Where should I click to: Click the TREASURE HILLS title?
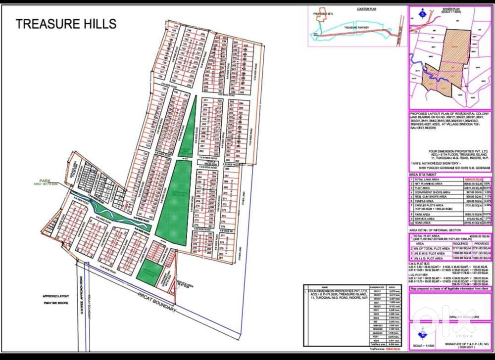pyautogui.click(x=66, y=24)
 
